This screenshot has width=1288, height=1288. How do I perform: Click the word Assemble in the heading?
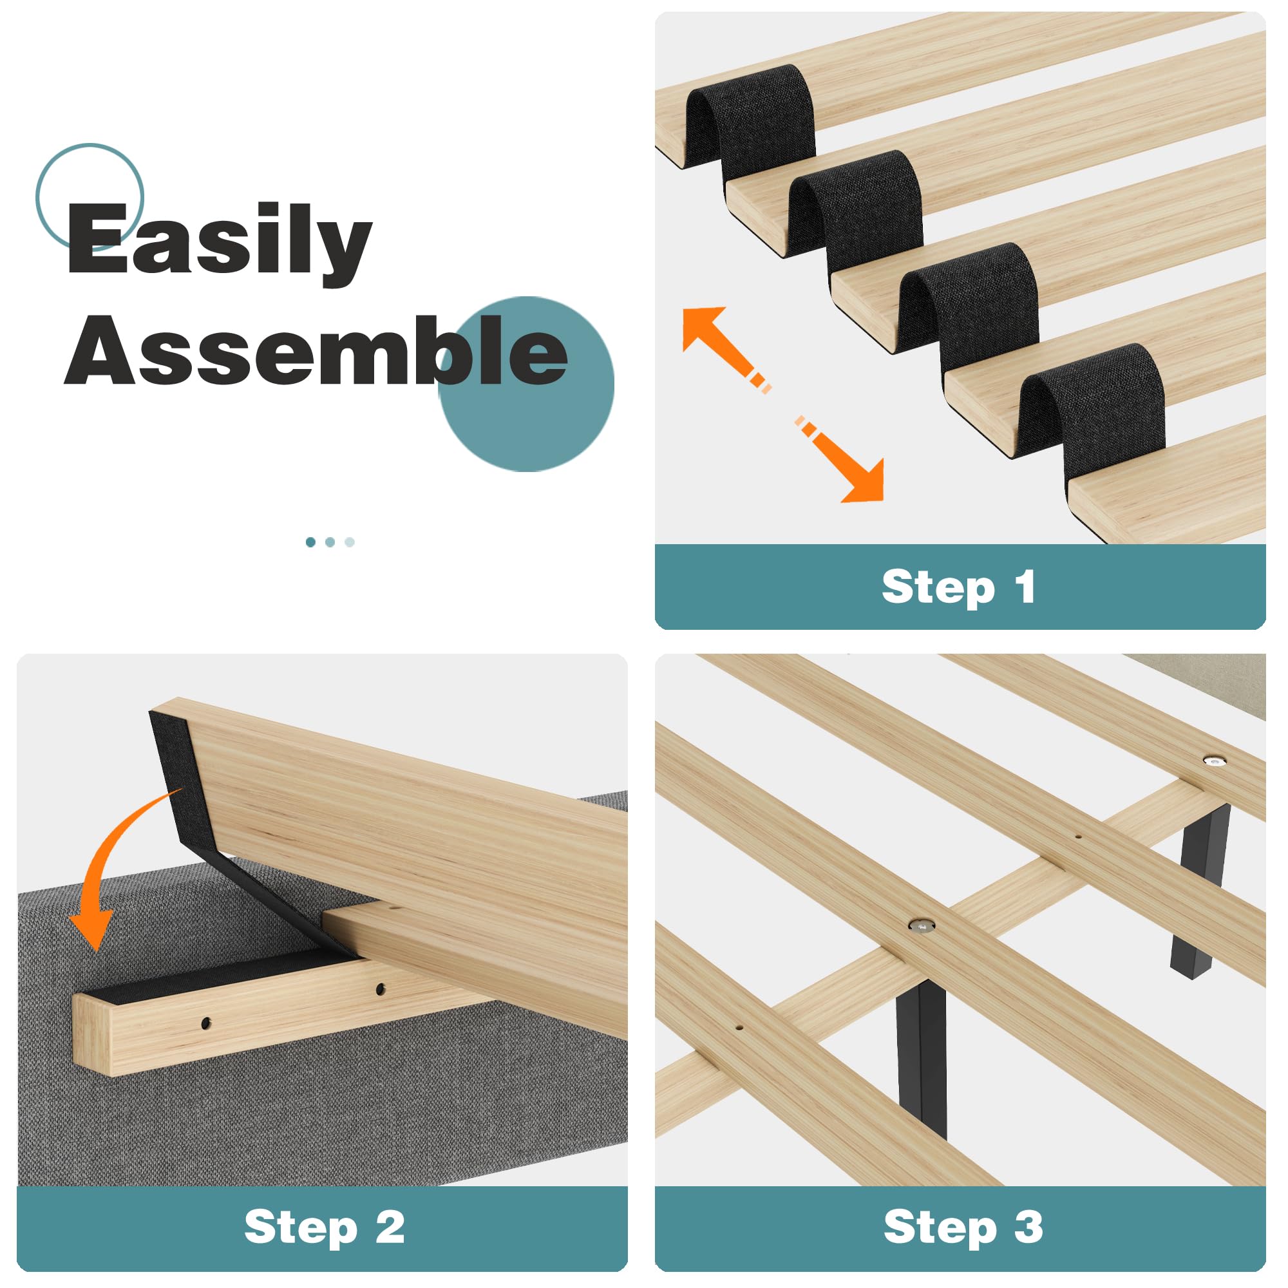tap(316, 351)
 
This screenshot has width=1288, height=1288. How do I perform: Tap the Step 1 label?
tap(959, 587)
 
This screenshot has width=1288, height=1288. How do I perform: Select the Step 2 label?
tap(325, 1227)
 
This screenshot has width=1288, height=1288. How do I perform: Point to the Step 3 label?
tap(963, 1227)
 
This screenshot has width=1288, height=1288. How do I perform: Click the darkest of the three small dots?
tap(310, 542)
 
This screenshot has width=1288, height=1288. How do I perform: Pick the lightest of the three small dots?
tap(350, 542)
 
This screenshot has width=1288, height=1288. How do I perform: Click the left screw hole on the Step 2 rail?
tap(205, 1022)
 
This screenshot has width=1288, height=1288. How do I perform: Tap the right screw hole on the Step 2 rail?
tap(381, 989)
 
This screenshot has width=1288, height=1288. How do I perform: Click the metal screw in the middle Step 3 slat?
tap(922, 925)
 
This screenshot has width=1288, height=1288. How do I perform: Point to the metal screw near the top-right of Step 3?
tap(1214, 759)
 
